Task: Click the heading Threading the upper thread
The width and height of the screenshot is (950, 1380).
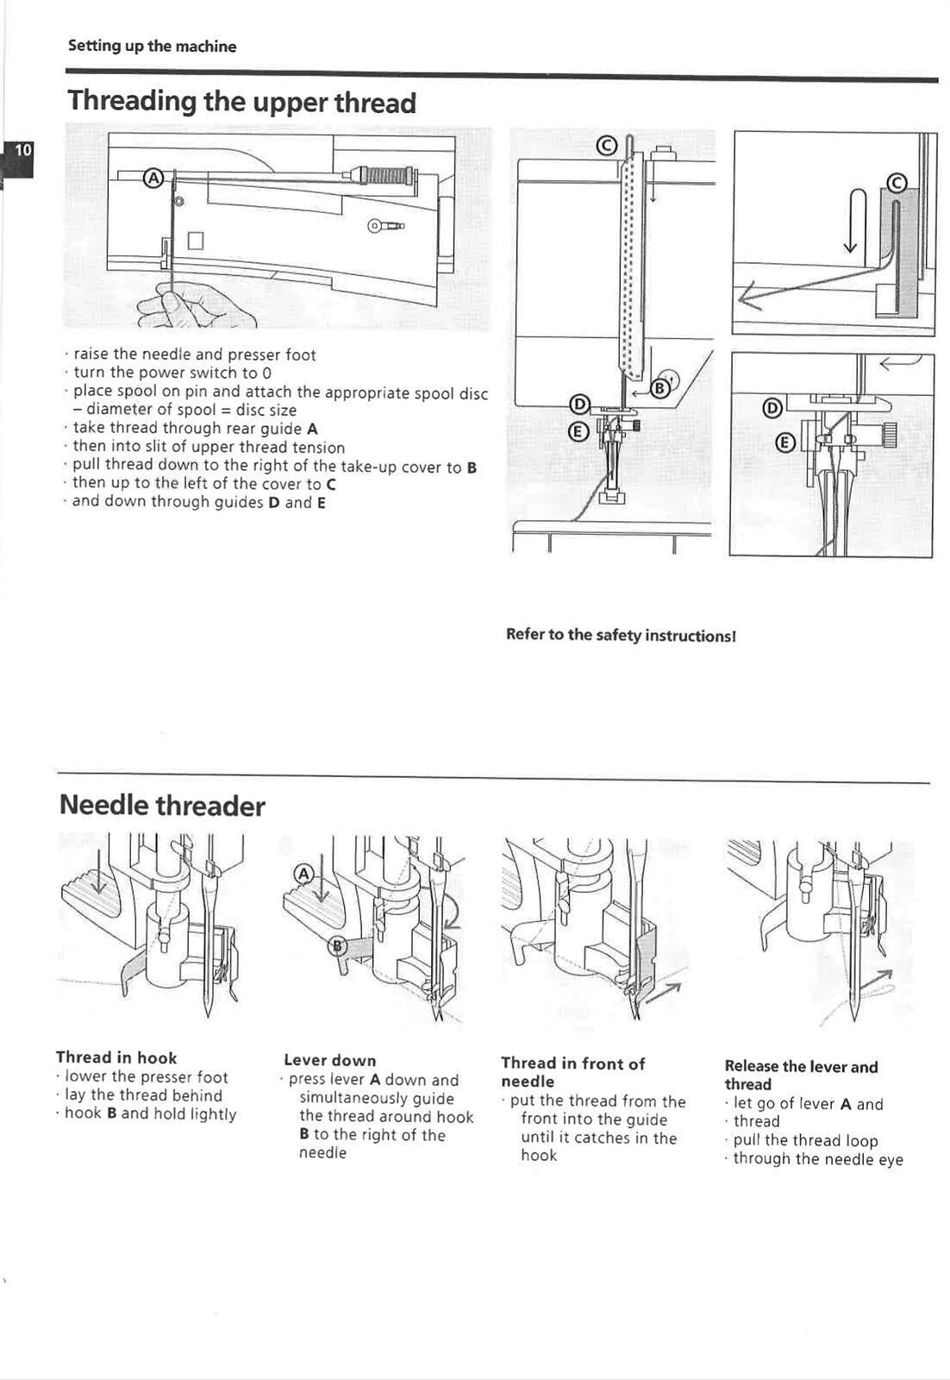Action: [241, 103]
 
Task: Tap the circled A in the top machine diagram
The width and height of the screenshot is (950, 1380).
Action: [153, 179]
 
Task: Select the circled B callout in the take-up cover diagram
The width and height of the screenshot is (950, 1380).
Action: [660, 387]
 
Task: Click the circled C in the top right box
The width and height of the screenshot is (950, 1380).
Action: [897, 182]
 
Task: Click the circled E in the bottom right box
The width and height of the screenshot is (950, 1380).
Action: [784, 443]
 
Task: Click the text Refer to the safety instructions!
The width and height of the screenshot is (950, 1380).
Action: [621, 636]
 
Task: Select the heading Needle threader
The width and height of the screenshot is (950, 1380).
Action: [162, 806]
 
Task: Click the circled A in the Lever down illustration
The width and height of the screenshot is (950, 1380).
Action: [303, 874]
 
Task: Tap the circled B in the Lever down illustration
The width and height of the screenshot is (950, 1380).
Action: [338, 946]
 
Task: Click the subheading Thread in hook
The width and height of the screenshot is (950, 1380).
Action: [116, 1058]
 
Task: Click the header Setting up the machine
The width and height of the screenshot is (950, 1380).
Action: [152, 47]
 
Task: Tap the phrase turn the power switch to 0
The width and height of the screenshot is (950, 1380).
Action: [172, 373]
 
